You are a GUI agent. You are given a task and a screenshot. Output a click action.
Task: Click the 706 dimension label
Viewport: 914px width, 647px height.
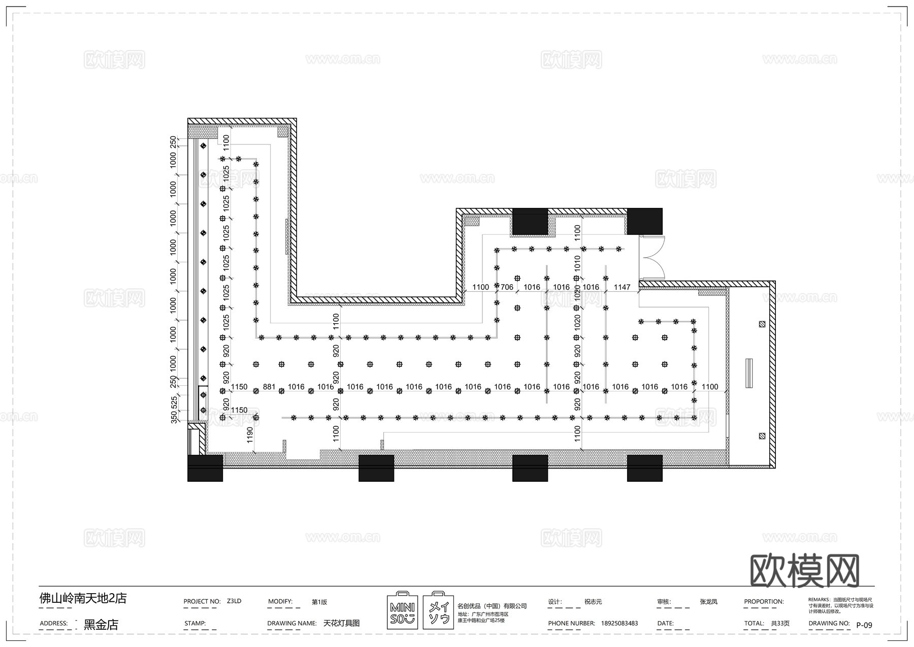point(507,287)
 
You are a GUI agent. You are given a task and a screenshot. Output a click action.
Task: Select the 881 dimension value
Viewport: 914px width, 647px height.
point(269,387)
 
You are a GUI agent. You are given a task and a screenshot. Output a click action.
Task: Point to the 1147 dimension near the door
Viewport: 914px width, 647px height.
point(622,287)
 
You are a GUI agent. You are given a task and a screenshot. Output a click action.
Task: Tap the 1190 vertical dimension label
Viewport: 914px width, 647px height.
point(250,435)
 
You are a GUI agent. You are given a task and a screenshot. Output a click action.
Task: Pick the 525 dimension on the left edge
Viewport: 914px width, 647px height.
point(175,403)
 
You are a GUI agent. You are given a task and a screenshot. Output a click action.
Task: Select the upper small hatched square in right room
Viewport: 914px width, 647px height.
point(762,324)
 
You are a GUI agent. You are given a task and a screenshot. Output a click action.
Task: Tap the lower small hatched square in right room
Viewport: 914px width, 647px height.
point(762,436)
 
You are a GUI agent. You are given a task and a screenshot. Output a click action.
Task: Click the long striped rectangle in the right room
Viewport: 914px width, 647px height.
point(749,374)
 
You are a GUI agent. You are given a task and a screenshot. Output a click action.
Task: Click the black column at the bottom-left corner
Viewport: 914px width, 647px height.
point(205,468)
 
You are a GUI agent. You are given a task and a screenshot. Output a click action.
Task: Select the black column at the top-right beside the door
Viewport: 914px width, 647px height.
point(645,221)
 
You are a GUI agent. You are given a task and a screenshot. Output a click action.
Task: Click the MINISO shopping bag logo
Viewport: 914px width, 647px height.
point(402,610)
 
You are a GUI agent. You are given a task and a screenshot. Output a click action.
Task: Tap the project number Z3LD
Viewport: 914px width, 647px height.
point(234,601)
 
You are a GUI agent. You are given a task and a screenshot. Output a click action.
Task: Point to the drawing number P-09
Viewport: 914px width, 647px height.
point(864,625)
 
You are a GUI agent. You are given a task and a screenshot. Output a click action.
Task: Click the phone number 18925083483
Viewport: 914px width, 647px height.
point(619,623)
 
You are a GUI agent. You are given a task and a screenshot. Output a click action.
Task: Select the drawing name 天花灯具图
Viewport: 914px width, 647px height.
point(341,623)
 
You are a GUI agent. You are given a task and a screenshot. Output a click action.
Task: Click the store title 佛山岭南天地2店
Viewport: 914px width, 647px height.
point(83,598)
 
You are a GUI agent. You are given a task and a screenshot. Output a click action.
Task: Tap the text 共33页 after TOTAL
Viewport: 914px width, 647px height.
point(780,623)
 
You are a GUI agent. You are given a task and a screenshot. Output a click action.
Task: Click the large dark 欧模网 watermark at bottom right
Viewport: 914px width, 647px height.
point(804,571)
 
